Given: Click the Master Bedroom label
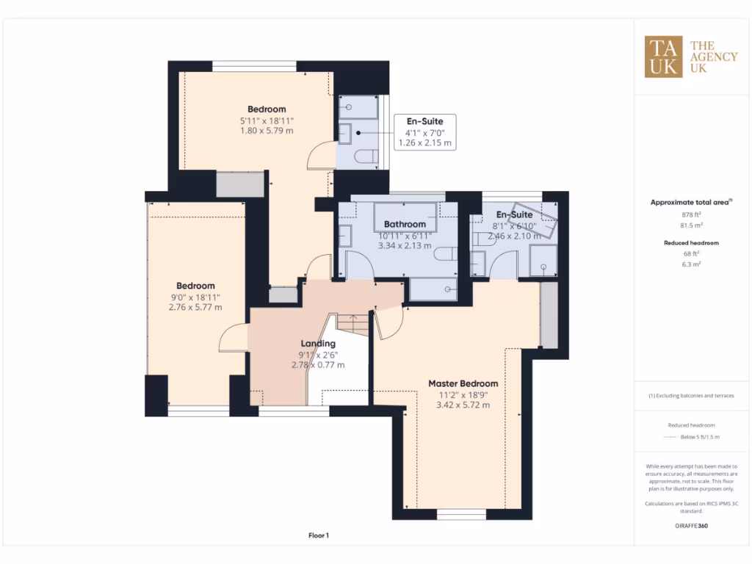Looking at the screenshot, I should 463,383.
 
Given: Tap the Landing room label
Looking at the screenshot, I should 318,344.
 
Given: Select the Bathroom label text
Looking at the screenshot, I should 405,224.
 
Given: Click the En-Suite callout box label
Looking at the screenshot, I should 425,120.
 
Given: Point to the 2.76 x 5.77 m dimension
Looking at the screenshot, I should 195,308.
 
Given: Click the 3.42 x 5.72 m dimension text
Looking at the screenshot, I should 463,405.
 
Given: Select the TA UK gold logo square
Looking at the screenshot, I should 664,57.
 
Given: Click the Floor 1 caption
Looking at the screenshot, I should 318,535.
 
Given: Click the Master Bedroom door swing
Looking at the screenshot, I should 389,322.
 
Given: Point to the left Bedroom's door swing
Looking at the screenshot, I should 232,339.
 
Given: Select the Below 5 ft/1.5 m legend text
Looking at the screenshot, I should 700,437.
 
